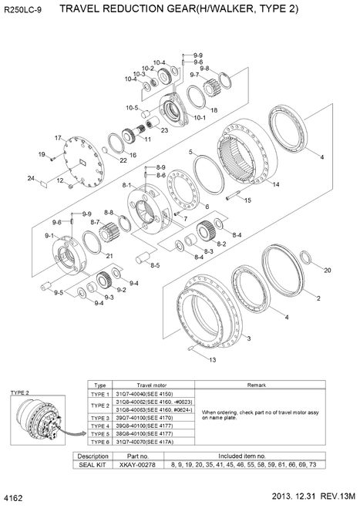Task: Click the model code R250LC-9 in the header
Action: [x=24, y=8]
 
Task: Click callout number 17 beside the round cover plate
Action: [x=57, y=137]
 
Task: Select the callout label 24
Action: [x=32, y=179]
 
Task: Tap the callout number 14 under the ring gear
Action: [x=275, y=185]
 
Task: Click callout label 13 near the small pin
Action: [x=213, y=360]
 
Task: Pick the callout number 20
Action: [x=327, y=271]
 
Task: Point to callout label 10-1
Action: [x=199, y=118]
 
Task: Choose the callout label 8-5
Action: [x=155, y=266]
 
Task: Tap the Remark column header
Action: [x=256, y=384]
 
